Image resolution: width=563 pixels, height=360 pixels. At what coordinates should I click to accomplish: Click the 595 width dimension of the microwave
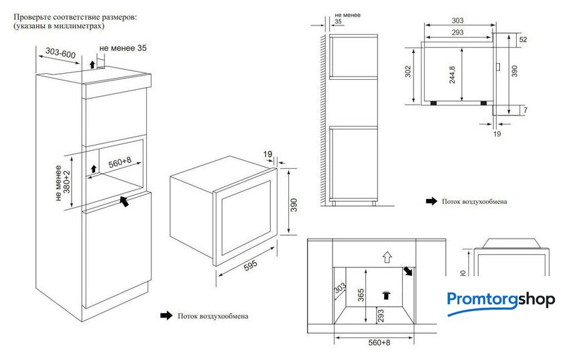[x=250, y=265]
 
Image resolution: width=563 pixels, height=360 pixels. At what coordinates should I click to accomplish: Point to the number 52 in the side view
[x=523, y=40]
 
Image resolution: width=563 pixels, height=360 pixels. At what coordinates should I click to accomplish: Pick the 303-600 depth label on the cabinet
[x=61, y=53]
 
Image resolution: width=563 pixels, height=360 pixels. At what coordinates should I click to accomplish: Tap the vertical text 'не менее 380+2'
[x=62, y=182]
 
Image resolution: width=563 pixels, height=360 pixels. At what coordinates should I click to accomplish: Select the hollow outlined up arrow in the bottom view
[x=385, y=256]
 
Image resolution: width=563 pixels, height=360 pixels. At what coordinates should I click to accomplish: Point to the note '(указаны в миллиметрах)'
[x=58, y=25]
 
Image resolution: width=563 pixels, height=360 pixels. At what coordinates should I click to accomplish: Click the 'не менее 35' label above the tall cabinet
[x=123, y=48]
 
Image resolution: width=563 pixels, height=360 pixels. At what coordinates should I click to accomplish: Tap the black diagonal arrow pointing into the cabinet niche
[x=123, y=201]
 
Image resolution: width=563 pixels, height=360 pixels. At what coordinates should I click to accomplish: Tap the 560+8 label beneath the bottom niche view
[x=379, y=343]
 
